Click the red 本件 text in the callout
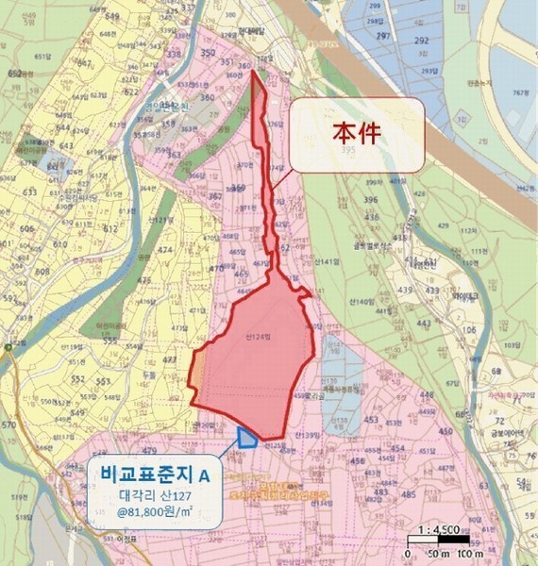coord(357,133)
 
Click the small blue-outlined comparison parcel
coord(247,435)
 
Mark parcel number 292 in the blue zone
coord(421,41)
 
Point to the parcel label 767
coord(518,93)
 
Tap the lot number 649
coord(115,16)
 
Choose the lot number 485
coord(409,493)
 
